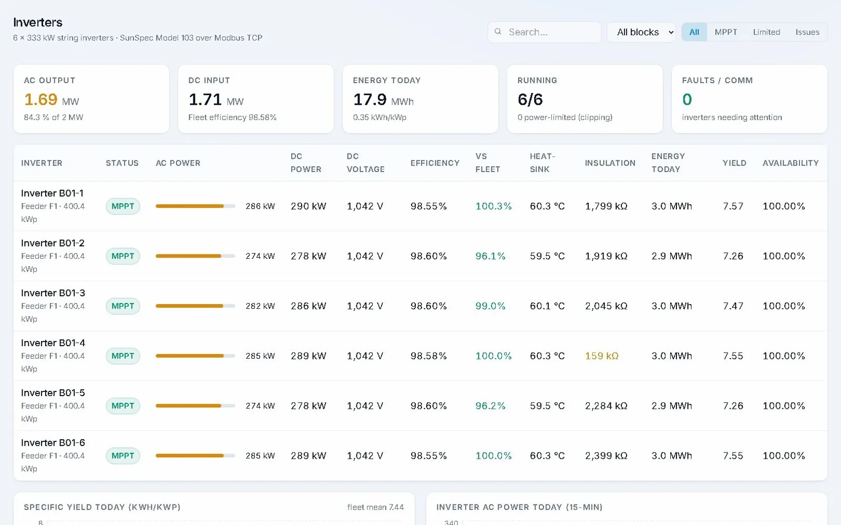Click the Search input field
545,32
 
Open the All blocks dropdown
641,32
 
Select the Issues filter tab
807,32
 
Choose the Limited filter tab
766,32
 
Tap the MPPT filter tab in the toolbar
726,32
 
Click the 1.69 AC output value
40,99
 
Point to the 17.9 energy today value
370,99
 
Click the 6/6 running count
530,99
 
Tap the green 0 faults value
687,99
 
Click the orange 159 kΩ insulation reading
601,356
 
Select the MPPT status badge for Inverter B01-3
123,306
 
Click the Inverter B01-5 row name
53,393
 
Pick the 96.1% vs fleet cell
490,256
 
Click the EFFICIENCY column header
435,163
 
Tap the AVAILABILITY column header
791,163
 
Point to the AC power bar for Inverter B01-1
195,206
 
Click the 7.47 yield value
733,306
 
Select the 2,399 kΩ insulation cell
606,456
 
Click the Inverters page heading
38,23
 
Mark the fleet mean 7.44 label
375,507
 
